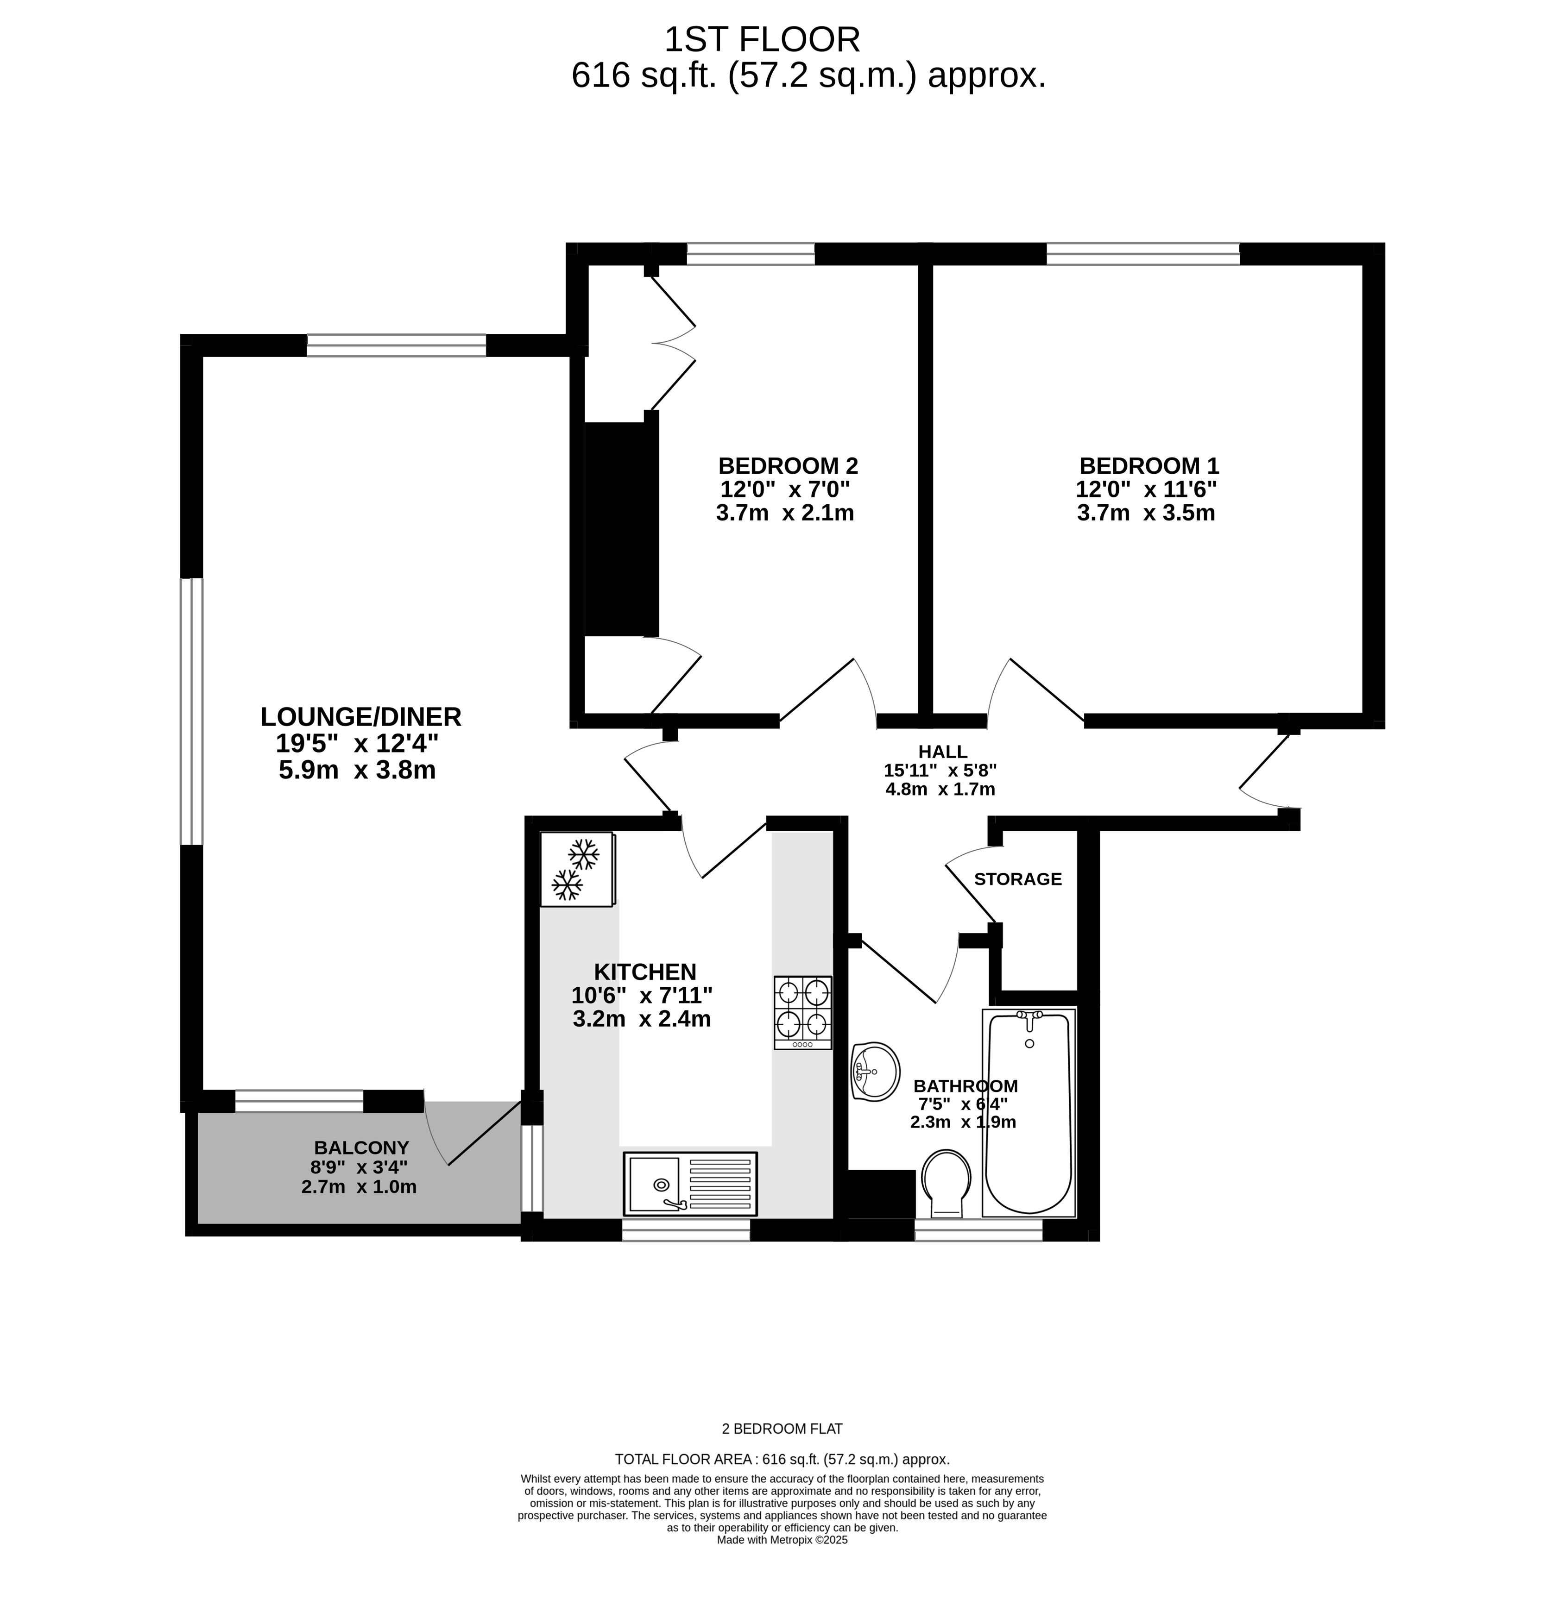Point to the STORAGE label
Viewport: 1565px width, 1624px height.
1017,879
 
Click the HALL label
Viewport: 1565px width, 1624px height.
942,752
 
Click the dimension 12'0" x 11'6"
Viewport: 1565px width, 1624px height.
1146,489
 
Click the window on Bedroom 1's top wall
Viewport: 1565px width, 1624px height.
1143,254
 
